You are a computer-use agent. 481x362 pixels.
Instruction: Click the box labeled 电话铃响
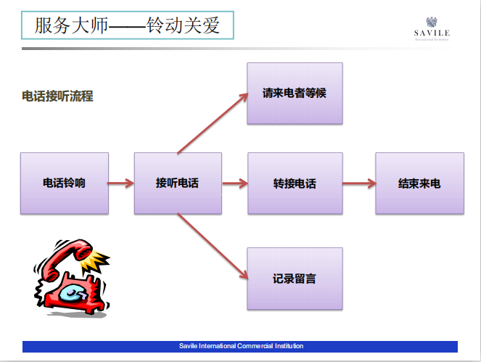pos(65,183)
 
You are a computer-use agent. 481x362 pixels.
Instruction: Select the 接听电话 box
pos(178,183)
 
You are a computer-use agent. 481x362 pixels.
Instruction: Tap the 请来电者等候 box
pos(295,93)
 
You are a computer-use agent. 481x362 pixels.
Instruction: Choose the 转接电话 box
pos(295,183)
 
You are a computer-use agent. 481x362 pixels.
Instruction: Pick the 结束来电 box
pos(419,183)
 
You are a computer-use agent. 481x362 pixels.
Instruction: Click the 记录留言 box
pos(295,278)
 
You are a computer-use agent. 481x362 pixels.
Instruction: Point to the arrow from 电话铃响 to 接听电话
pos(121,184)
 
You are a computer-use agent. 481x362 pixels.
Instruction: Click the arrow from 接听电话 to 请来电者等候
pos(211,123)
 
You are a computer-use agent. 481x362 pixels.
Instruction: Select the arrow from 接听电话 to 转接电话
pos(234,184)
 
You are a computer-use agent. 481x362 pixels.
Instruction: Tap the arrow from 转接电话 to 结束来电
pos(358,184)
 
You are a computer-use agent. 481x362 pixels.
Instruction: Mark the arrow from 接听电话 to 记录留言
pos(211,245)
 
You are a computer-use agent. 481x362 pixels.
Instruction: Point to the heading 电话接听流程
pos(57,96)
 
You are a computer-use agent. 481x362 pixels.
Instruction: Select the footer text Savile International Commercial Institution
pos(241,346)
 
